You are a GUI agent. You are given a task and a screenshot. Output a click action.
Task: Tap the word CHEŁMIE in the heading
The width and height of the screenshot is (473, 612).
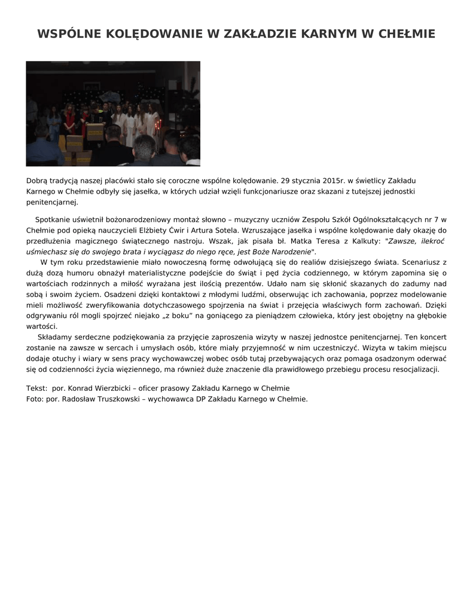[x=407, y=34]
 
